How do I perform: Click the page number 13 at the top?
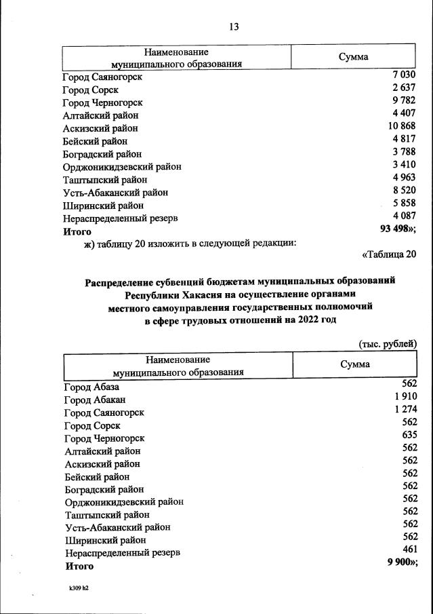click(234, 27)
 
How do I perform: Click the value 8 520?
click(402, 191)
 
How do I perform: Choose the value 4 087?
click(402, 217)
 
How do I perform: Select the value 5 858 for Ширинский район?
click(402, 204)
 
